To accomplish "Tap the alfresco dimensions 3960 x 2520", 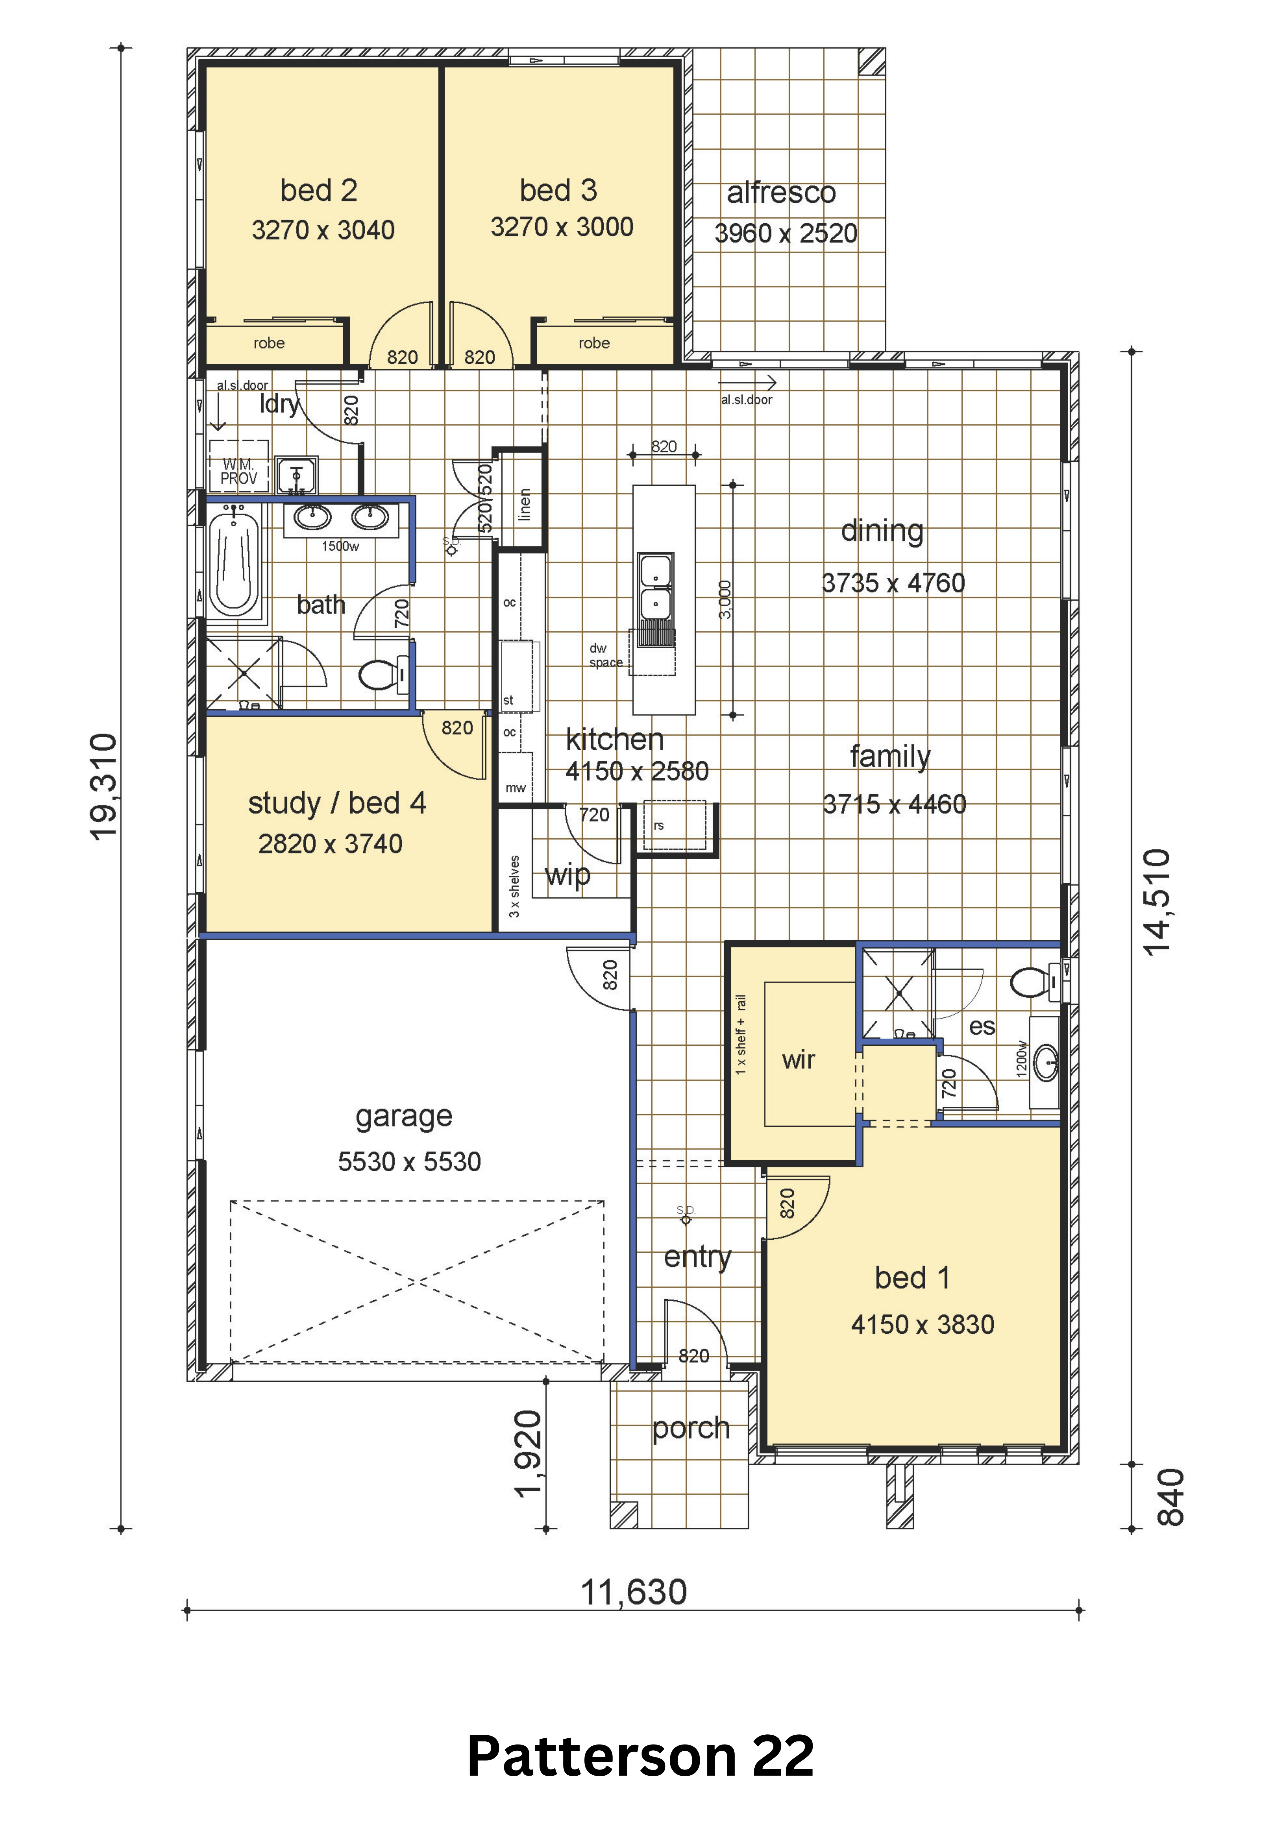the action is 786,233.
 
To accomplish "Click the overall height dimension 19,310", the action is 104,787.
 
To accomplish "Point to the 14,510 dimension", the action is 1157,902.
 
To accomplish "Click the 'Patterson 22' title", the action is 640,1756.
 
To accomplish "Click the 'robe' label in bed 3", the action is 594,343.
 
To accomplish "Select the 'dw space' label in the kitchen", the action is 605,655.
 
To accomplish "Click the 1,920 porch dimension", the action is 529,1453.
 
